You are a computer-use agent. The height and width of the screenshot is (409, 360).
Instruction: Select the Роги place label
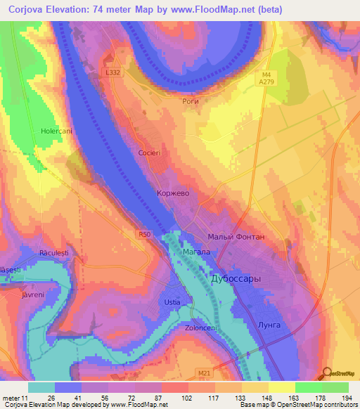(x=191, y=101)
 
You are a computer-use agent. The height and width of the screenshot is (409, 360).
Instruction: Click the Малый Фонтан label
(x=236, y=237)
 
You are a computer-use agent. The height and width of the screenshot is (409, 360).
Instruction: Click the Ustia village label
(x=172, y=302)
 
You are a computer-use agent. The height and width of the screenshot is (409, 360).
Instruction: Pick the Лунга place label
(x=270, y=325)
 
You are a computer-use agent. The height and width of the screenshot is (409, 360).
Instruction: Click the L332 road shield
(x=112, y=72)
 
